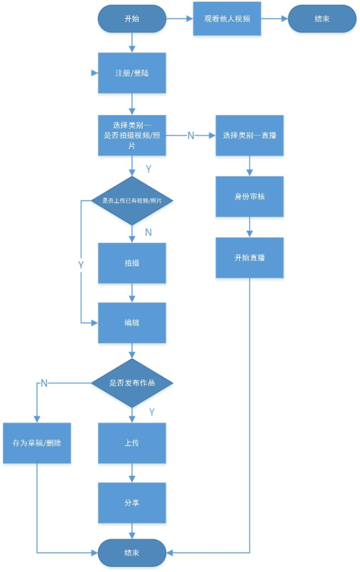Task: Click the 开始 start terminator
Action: (132, 19)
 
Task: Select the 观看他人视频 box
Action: (227, 19)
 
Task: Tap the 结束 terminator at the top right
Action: (322, 19)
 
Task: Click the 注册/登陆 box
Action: (132, 73)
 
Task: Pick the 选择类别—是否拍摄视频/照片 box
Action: (132, 136)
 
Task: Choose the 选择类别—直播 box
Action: (249, 136)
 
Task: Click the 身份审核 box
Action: (249, 197)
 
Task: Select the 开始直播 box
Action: (249, 258)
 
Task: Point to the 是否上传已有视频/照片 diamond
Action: (132, 201)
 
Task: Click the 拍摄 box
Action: (132, 263)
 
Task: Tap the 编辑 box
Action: (132, 323)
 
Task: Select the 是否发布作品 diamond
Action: (132, 383)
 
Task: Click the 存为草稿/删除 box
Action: (37, 443)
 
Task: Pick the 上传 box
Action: (132, 443)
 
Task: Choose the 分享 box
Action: (132, 503)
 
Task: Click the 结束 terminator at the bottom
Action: (132, 552)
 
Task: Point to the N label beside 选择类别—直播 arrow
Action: (191, 136)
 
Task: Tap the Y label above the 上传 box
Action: (151, 412)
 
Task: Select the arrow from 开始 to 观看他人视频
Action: (179, 19)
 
